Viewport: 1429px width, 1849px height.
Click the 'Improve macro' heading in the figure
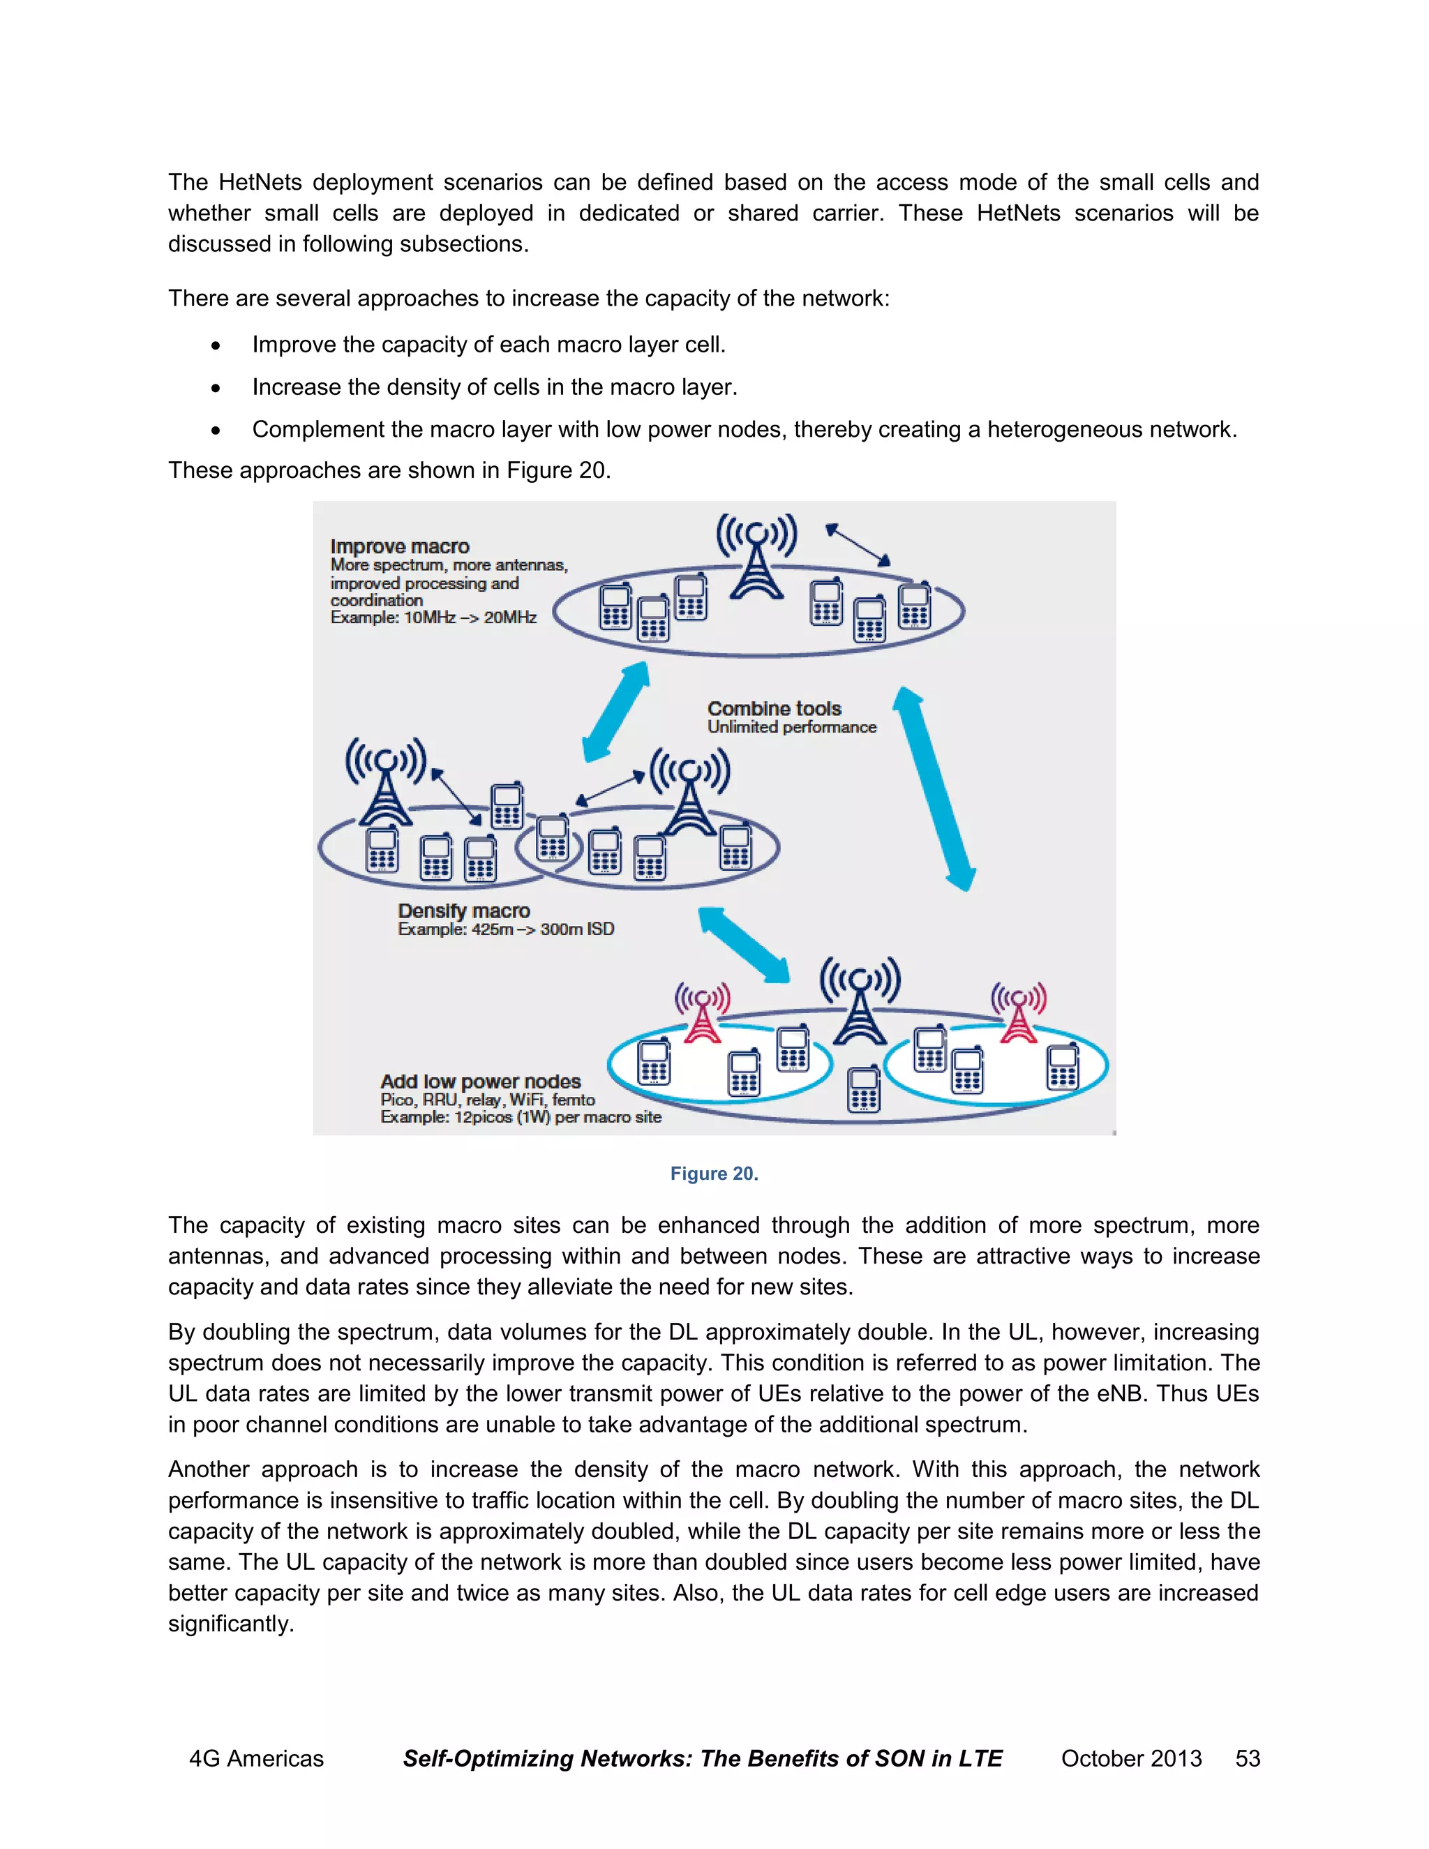click(400, 546)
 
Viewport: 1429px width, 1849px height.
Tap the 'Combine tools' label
click(774, 709)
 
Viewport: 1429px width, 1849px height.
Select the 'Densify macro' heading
click(464, 911)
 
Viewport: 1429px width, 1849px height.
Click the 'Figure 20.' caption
click(714, 1174)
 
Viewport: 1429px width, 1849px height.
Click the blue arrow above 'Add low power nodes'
click(743, 945)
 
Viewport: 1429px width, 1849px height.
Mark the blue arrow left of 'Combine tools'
click(616, 711)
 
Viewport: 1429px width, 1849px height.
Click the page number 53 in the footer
click(1247, 1758)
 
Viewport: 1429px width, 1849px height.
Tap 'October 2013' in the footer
click(1131, 1758)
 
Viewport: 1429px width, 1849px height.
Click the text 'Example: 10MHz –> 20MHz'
click(433, 617)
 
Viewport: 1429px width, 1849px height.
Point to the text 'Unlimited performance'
click(791, 727)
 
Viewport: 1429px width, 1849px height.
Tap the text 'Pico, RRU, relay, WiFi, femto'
click(488, 1100)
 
